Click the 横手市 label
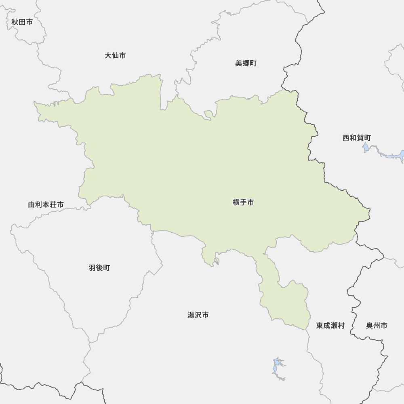pos(243,202)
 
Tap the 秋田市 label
pos(22,22)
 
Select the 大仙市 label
pos(115,55)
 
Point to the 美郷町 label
pos(246,63)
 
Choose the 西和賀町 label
pos(356,138)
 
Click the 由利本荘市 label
pos(46,205)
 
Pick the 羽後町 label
pos(99,267)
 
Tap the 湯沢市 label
pos(198,315)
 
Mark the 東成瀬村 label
pos(330,325)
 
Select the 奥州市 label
pos(377,325)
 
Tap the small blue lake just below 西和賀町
pos(366,147)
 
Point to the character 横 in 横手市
pos(236,202)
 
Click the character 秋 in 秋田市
pos(15,22)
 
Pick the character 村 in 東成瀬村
pos(341,325)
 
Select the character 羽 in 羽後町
pos(92,267)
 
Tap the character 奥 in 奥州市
pos(370,325)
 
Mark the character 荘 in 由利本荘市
pos(53,205)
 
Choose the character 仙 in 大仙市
pos(115,55)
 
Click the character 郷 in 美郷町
pos(246,63)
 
